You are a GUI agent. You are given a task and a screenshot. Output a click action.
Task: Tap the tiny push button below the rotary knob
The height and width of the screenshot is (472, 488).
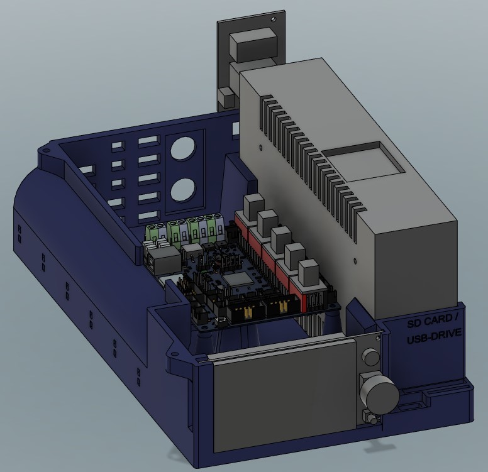tap(369, 417)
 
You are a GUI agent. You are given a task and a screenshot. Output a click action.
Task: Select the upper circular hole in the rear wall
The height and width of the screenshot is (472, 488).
tap(183, 150)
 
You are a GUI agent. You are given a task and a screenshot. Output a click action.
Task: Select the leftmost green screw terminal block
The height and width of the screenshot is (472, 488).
tap(154, 231)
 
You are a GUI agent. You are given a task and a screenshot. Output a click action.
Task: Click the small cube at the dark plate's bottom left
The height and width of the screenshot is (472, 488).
tap(225, 97)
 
